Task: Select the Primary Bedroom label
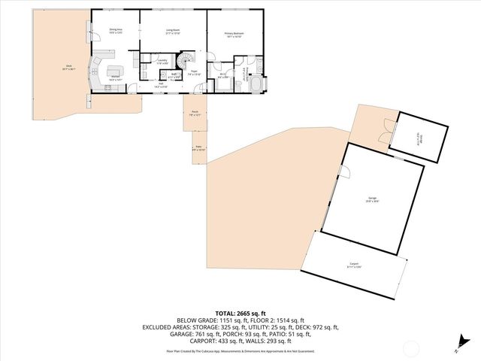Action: [235, 34]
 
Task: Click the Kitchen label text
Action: [116, 77]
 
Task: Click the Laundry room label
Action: [162, 62]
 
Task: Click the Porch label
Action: [195, 113]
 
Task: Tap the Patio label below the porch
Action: [198, 148]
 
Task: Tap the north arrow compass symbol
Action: [459, 347]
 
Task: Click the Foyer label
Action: [193, 73]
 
